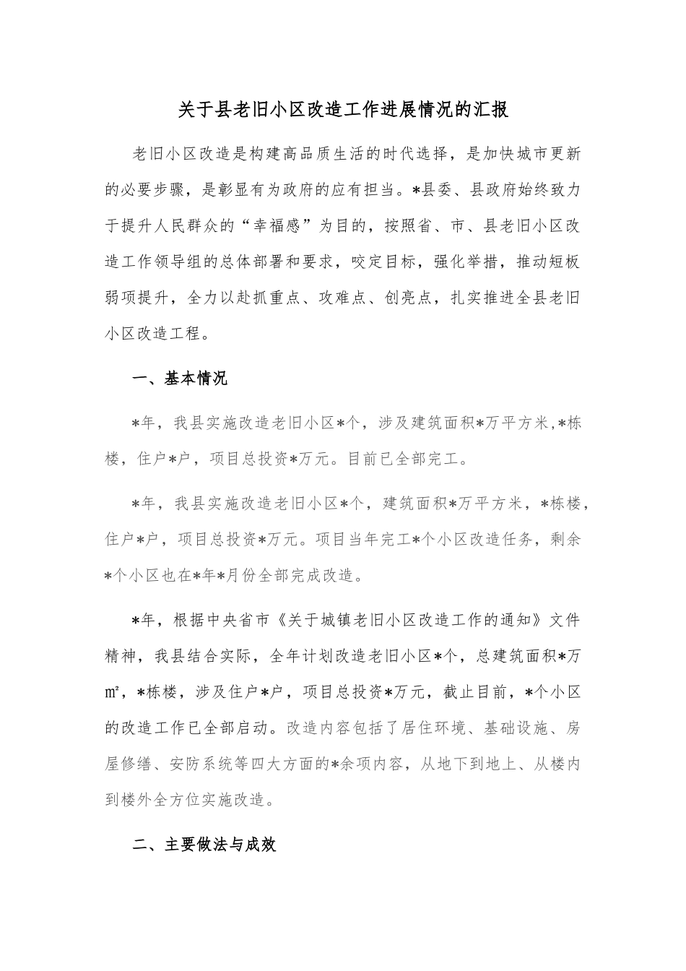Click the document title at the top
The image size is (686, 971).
[343, 110]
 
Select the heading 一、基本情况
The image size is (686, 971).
[181, 379]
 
